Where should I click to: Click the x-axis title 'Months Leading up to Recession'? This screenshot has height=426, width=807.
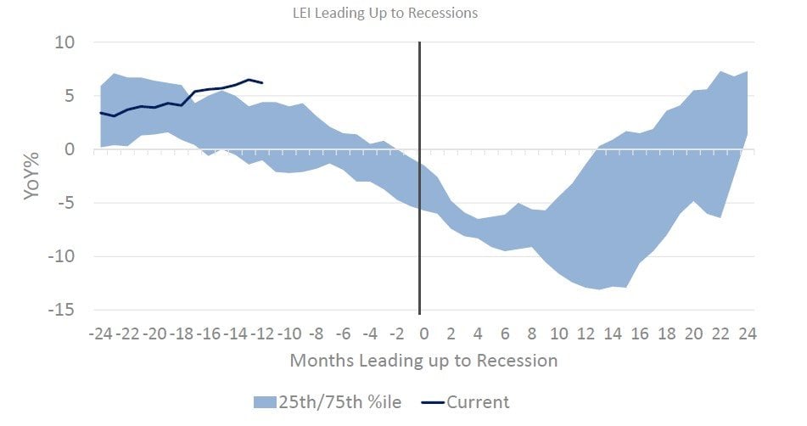pyautogui.click(x=423, y=361)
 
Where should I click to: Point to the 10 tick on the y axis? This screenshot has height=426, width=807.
pyautogui.click(x=64, y=42)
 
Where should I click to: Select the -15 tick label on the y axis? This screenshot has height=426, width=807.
pyautogui.click(x=59, y=311)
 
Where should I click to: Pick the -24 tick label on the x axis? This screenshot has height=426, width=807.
pyautogui.click(x=101, y=333)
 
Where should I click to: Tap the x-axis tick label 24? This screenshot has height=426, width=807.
pyautogui.click(x=747, y=333)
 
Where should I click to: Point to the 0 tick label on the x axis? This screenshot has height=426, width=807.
pyautogui.click(x=424, y=333)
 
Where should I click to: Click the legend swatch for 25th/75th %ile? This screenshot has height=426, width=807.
pyautogui.click(x=266, y=401)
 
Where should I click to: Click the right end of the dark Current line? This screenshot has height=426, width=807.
pyautogui.click(x=262, y=83)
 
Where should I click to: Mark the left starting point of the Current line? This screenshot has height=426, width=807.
pyautogui.click(x=101, y=113)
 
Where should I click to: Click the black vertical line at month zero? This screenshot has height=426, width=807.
pyautogui.click(x=419, y=212)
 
